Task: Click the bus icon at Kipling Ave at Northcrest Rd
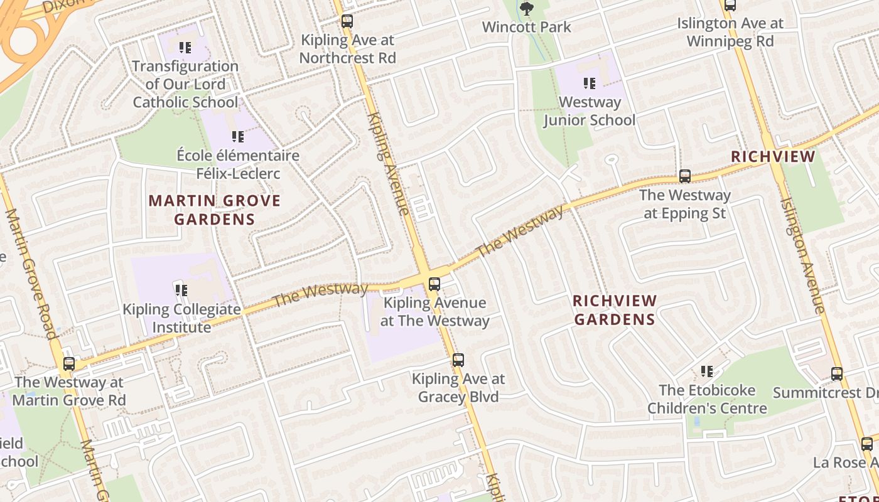tap(347, 21)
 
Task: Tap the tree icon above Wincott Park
tap(526, 8)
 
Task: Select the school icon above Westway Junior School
tap(589, 83)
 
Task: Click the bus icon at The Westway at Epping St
tap(685, 176)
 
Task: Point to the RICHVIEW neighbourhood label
tap(774, 157)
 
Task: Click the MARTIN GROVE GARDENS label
tap(215, 210)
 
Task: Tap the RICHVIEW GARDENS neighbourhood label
tap(615, 310)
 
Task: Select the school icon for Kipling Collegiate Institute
tap(181, 290)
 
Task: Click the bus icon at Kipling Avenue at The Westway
tap(434, 284)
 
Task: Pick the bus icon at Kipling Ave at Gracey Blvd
tap(458, 360)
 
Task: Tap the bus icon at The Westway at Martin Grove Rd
tap(69, 363)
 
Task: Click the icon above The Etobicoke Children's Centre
tap(707, 371)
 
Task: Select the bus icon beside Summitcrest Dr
tap(837, 374)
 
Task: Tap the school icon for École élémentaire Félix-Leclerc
tap(237, 136)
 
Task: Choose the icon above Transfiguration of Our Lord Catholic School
tap(185, 47)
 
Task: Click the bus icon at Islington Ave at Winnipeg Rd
tap(730, 5)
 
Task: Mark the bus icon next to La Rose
tap(867, 444)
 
